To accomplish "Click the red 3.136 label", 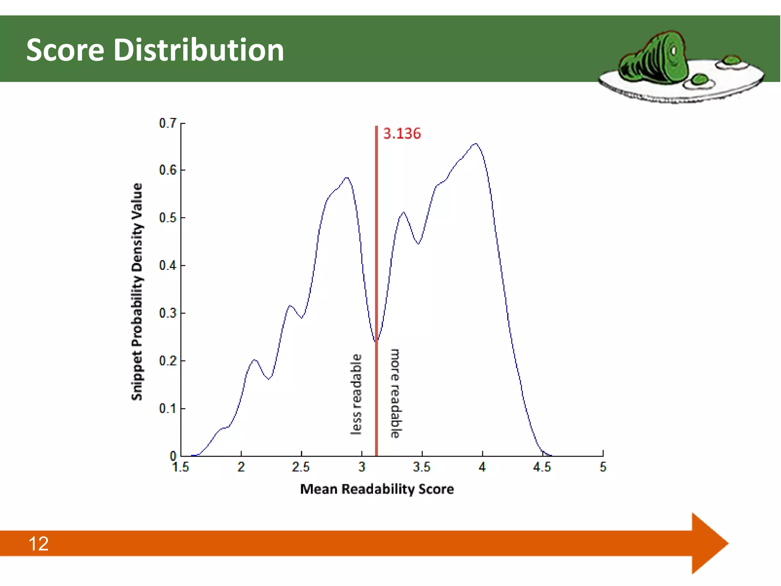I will [402, 134].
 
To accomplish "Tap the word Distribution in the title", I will [199, 50].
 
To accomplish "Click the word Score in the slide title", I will [65, 50].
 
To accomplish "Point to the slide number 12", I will [39, 544].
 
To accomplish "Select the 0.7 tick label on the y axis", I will [168, 123].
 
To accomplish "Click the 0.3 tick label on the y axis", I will [168, 313].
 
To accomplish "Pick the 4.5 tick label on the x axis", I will [542, 467].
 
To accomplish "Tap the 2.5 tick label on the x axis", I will [301, 467].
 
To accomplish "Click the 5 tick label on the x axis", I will [603, 467].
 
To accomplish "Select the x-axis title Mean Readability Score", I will [377, 489].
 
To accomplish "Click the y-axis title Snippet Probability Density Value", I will [137, 292].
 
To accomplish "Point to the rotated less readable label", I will [356, 394].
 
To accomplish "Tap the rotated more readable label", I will [395, 393].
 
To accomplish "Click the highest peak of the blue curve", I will [475, 144].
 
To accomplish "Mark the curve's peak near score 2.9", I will [346, 178].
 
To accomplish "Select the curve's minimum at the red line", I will [376, 341].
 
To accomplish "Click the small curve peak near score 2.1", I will [255, 360].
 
